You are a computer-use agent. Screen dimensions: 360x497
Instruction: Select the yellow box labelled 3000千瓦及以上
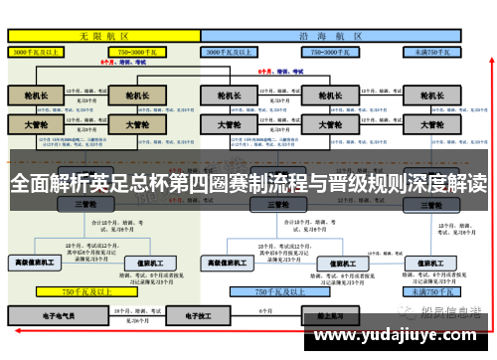(36, 50)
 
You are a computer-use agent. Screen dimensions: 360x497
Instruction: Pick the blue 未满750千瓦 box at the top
(434, 50)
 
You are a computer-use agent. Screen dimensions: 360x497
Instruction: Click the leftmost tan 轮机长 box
(36, 95)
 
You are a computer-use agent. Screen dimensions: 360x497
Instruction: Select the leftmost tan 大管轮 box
(36, 126)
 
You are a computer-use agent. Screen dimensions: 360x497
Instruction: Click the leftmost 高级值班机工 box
(35, 263)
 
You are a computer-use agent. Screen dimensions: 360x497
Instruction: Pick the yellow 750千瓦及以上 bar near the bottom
(84, 292)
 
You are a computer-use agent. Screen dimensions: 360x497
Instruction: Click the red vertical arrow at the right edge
(486, 179)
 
